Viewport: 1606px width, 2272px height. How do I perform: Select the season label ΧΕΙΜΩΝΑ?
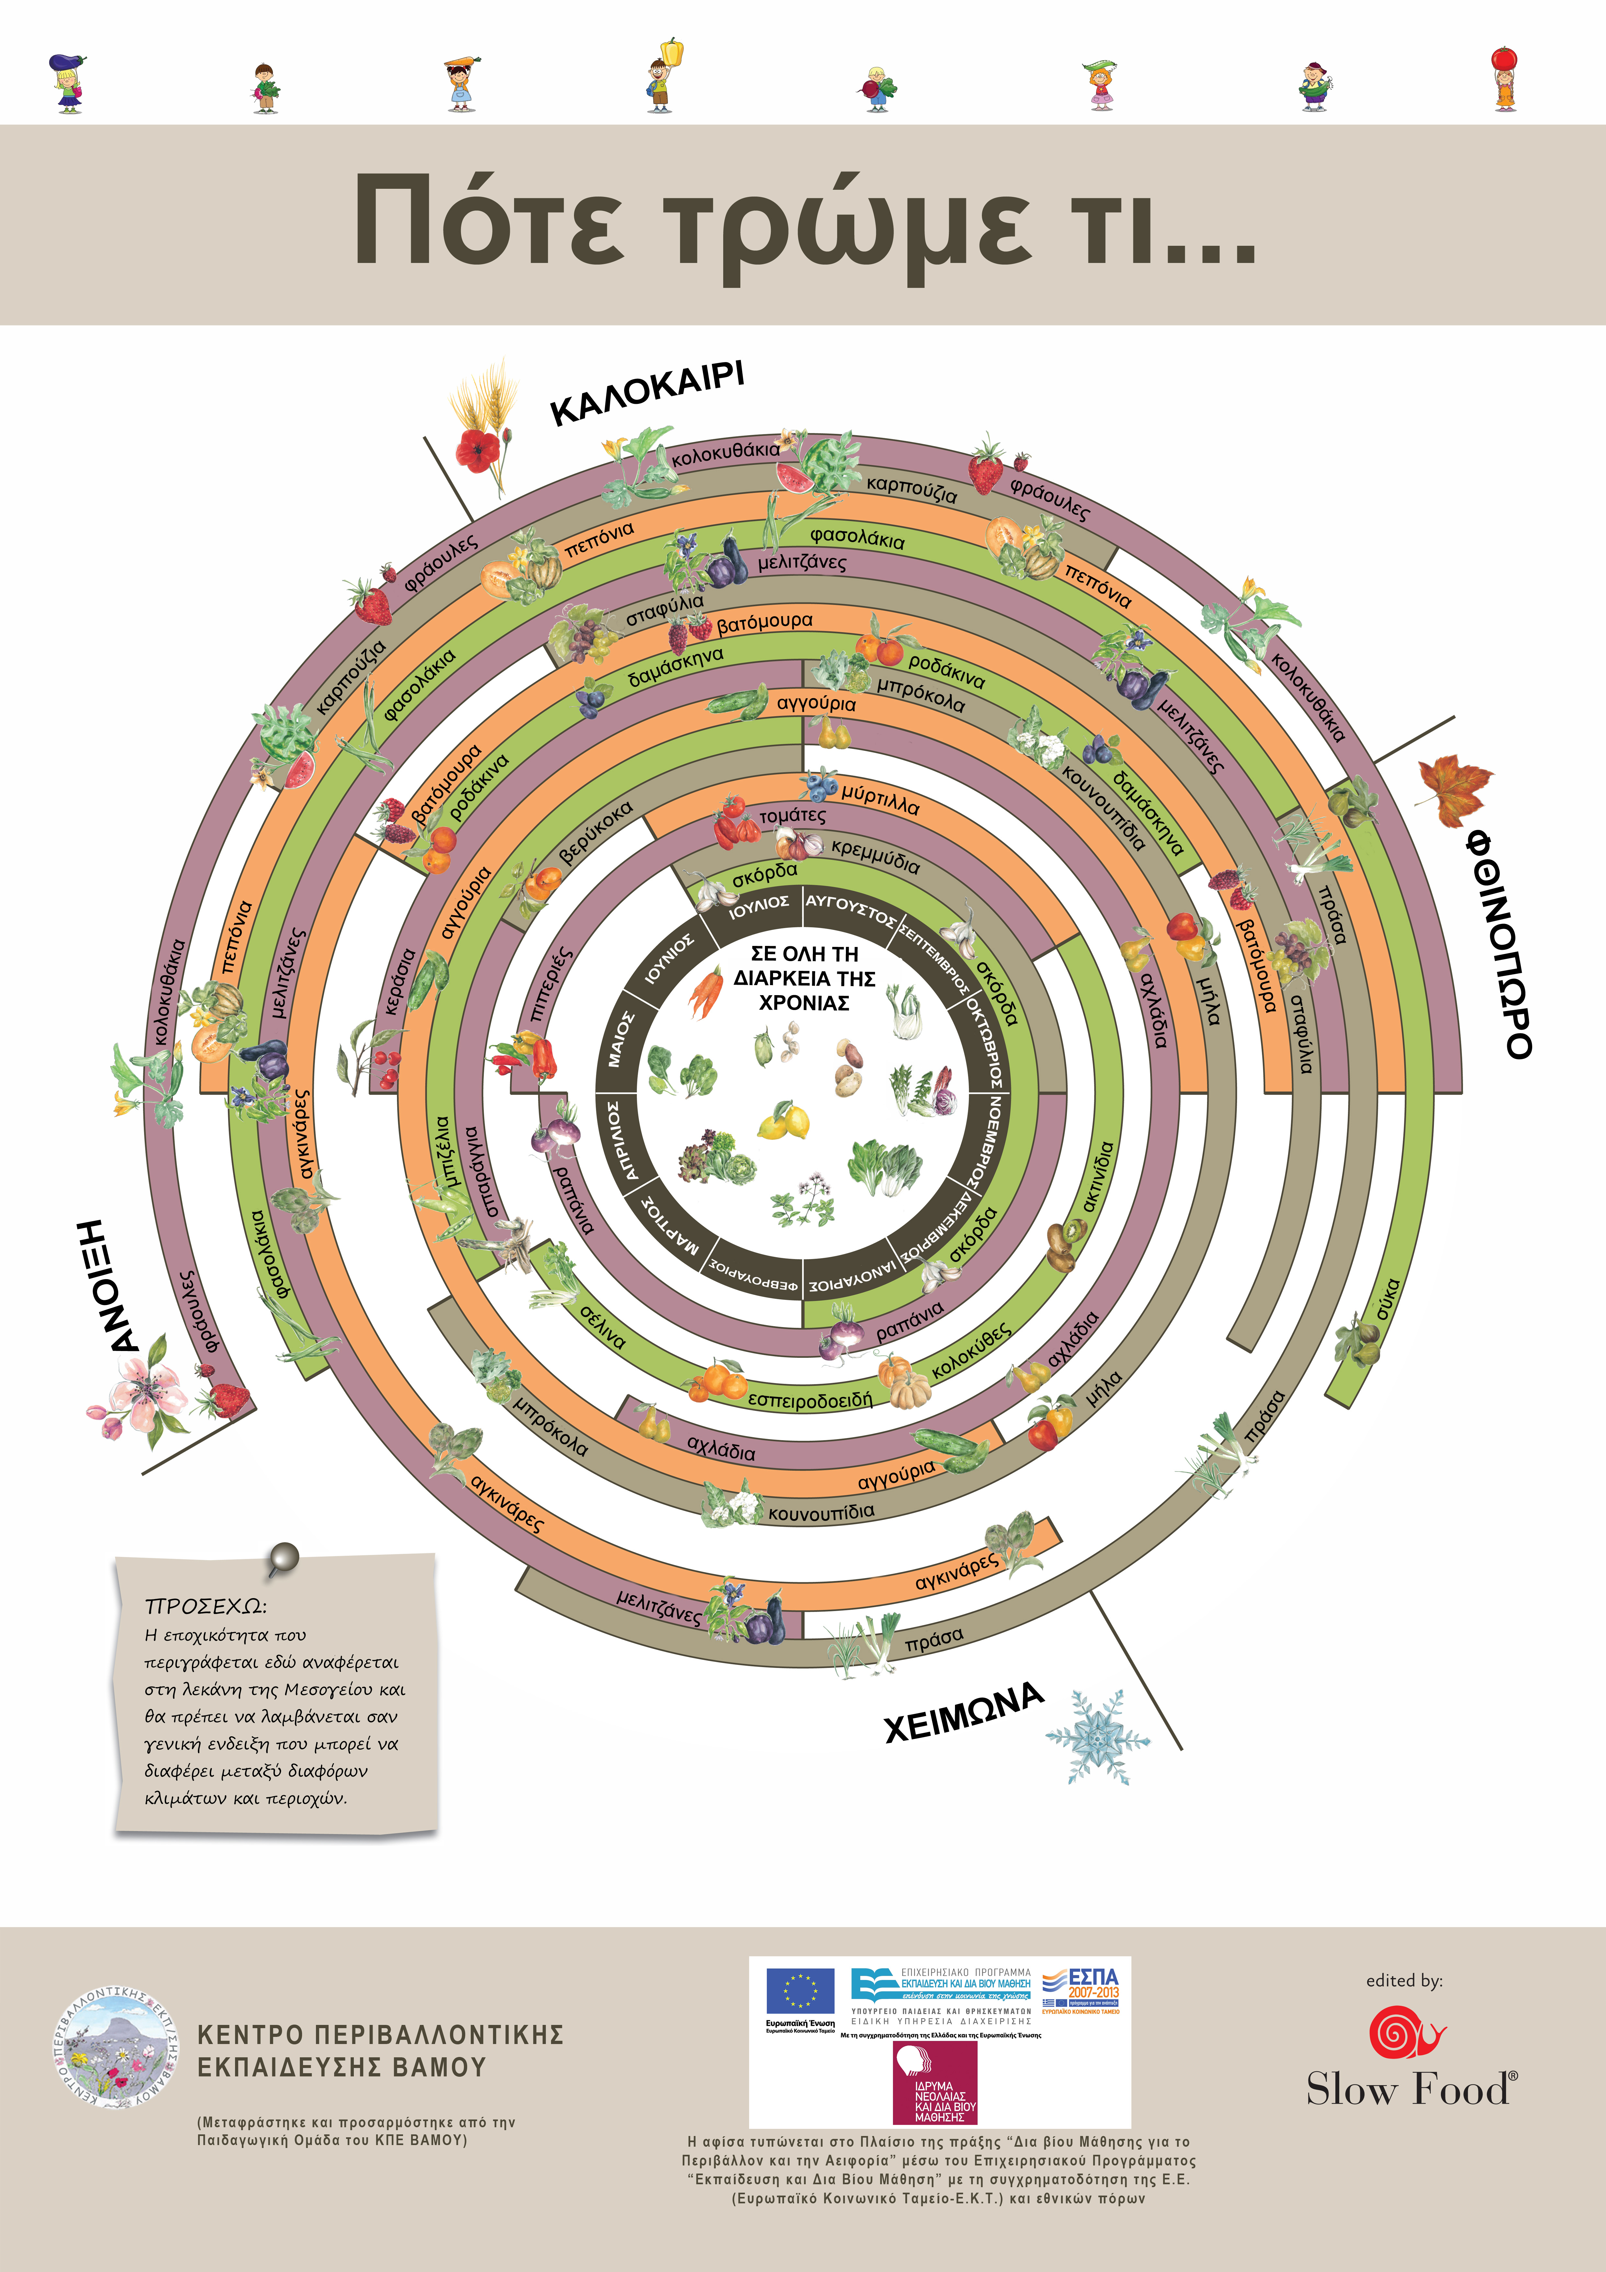pos(963,1712)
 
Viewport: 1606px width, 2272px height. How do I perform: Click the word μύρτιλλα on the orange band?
pos(880,798)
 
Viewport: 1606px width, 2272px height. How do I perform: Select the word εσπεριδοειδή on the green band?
pos(809,1399)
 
